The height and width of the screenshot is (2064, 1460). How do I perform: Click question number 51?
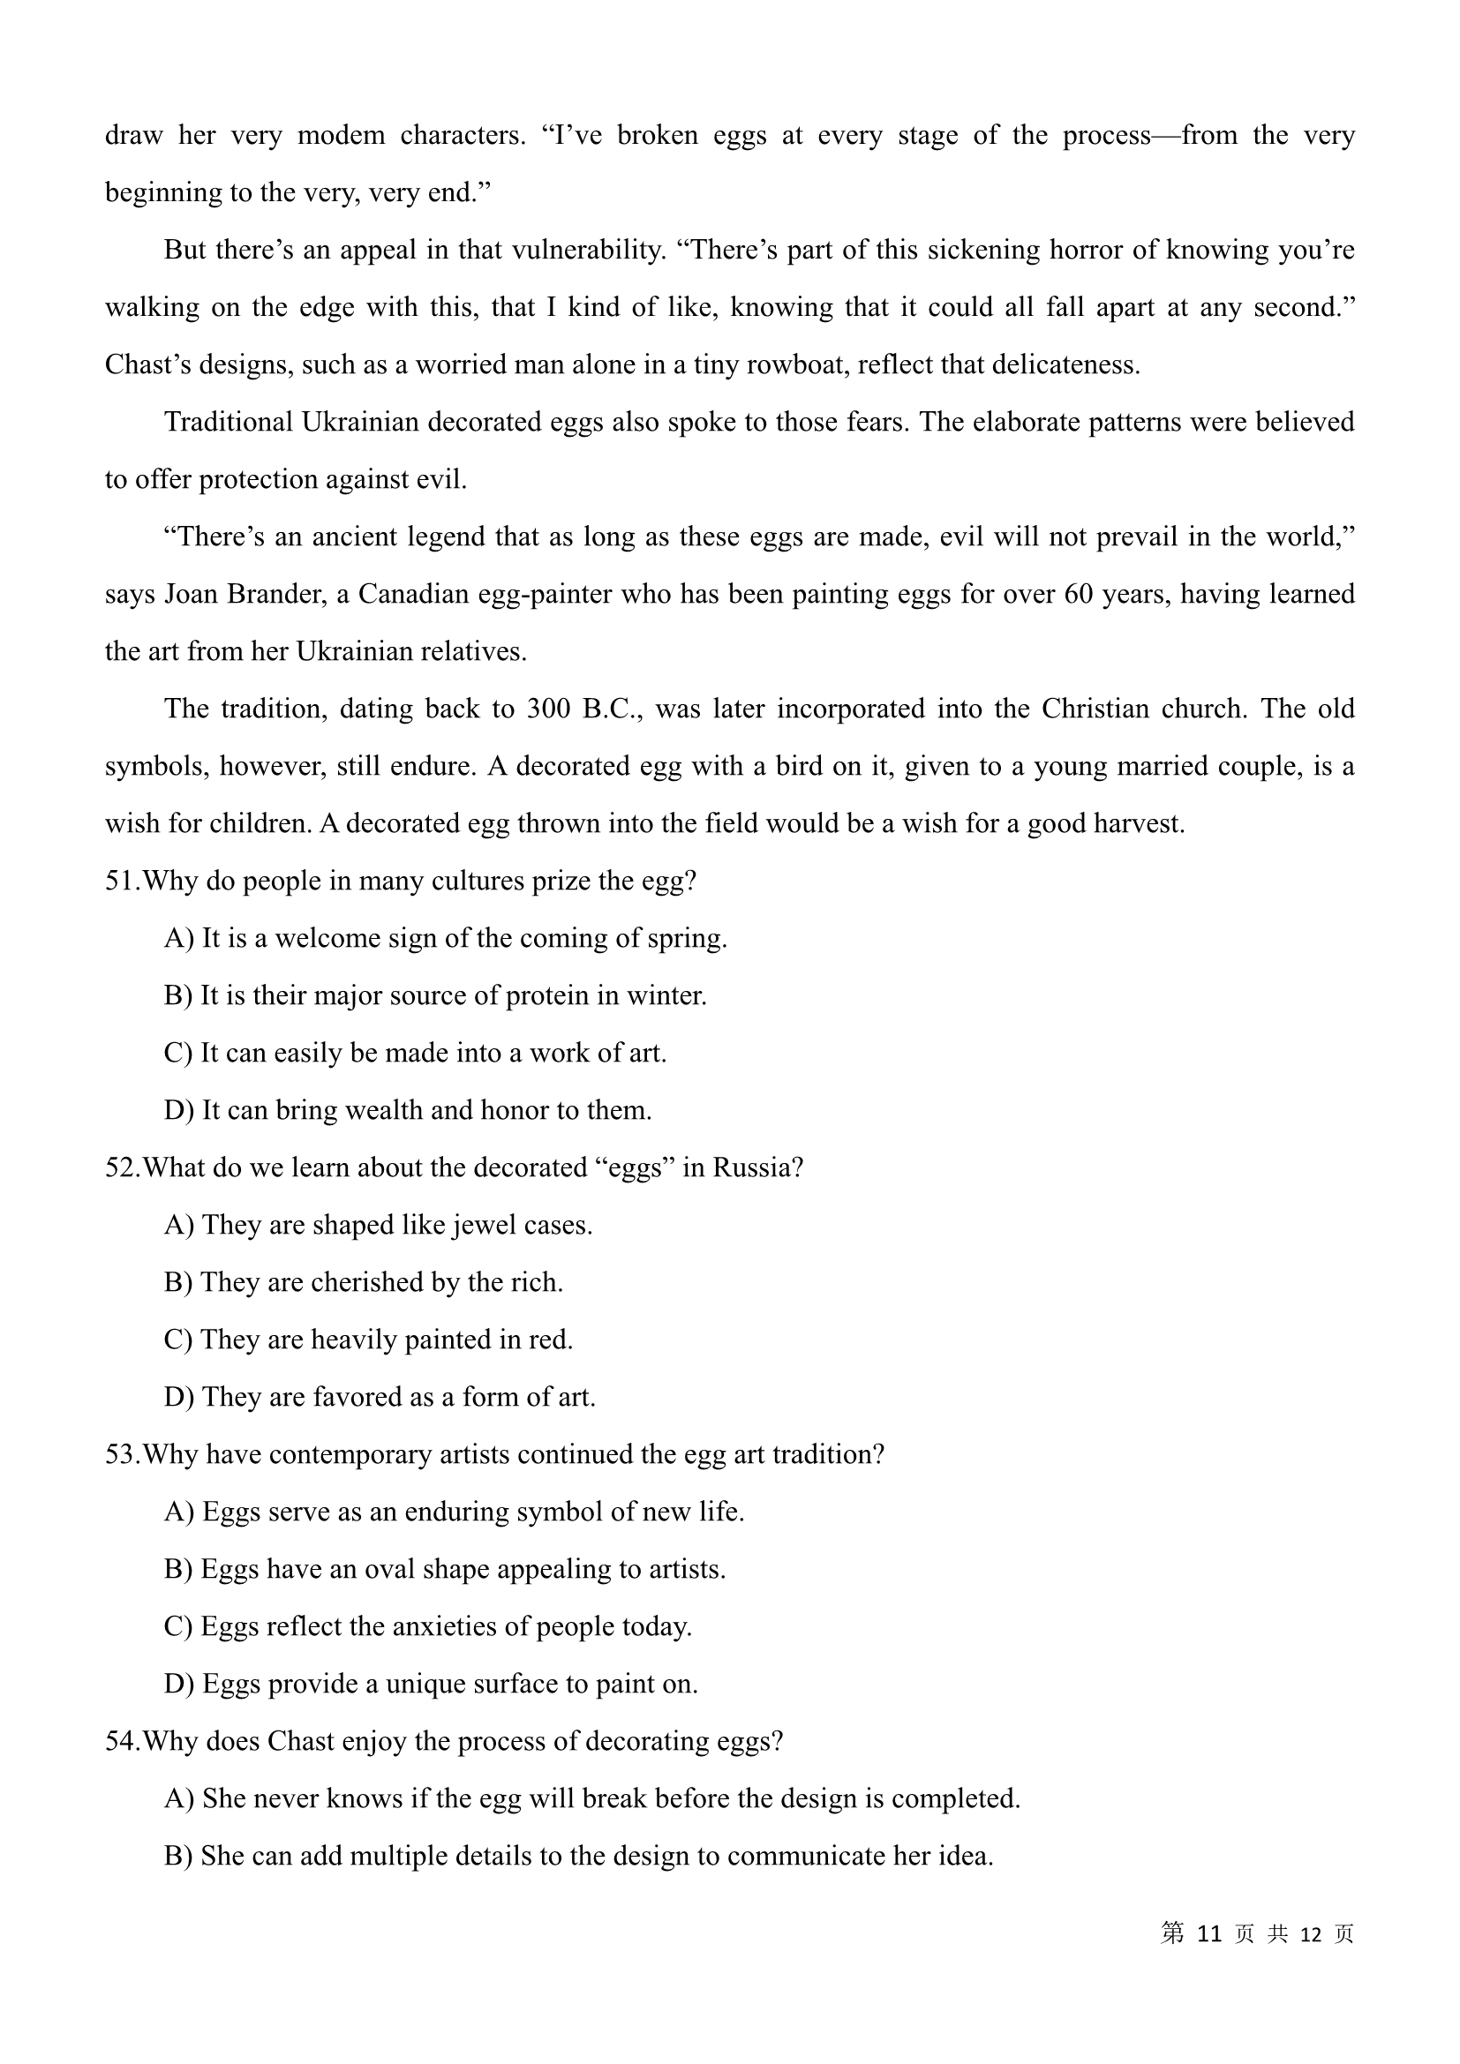coord(120,881)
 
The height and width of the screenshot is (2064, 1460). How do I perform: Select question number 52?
coord(120,1167)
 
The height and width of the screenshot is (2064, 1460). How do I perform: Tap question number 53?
coord(120,1454)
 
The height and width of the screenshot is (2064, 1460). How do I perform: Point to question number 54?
coord(120,1741)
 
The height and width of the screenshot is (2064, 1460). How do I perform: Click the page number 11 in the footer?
coord(1209,1933)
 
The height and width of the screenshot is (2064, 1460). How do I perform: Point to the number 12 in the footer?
coord(1311,1934)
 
